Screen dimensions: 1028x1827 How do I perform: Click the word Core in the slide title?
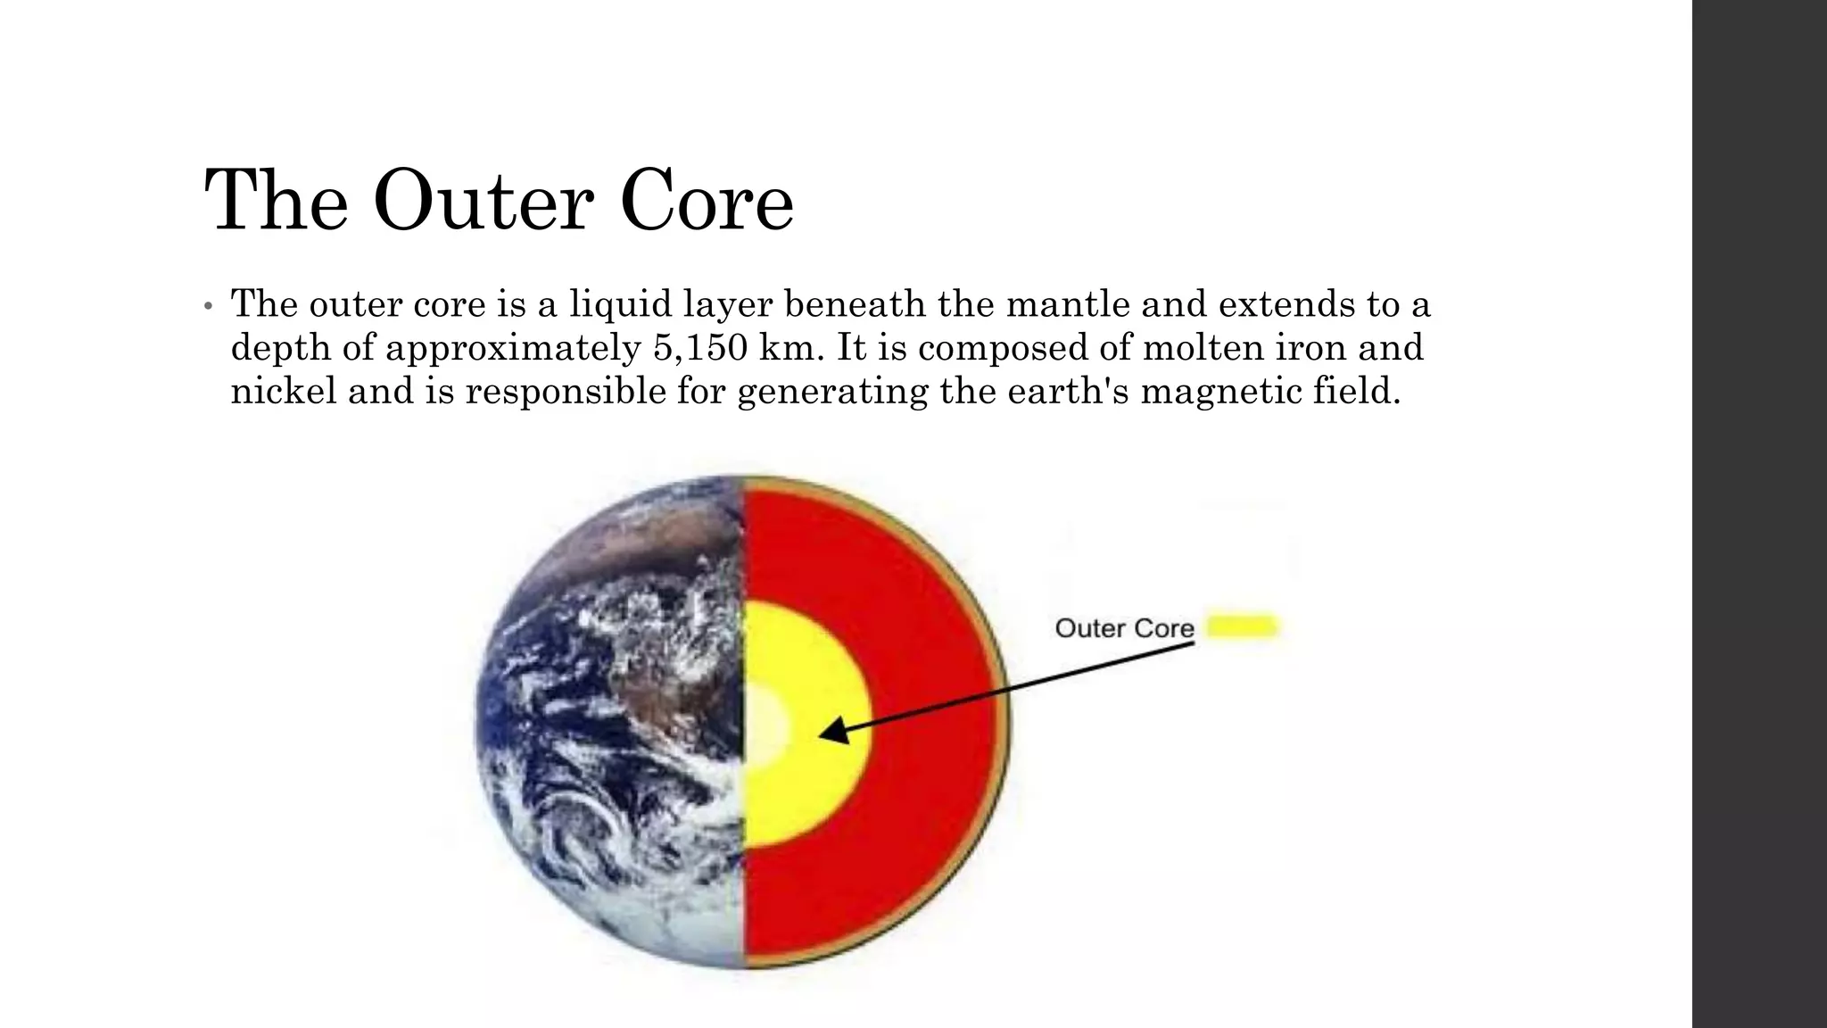pos(706,201)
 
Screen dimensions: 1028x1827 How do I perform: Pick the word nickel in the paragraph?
pos(283,391)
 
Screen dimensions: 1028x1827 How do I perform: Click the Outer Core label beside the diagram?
pos(1124,628)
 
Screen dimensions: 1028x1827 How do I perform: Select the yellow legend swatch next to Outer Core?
pos(1243,626)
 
